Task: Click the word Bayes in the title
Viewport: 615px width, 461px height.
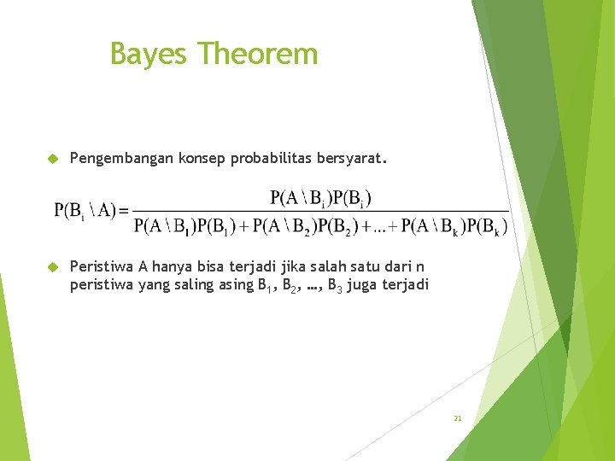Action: coord(149,55)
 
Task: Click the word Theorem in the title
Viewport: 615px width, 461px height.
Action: coord(258,54)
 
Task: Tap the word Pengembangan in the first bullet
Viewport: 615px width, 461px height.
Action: coord(121,159)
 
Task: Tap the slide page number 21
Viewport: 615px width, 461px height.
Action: coord(458,418)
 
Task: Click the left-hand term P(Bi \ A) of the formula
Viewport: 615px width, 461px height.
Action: coord(85,211)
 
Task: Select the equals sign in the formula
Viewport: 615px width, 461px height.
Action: coord(124,211)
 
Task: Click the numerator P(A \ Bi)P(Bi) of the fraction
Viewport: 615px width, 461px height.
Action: coord(321,198)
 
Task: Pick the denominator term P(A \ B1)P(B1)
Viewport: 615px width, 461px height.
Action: coord(185,226)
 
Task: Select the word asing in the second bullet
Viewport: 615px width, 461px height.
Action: coord(236,285)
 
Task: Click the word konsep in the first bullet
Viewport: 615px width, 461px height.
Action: coord(201,159)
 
